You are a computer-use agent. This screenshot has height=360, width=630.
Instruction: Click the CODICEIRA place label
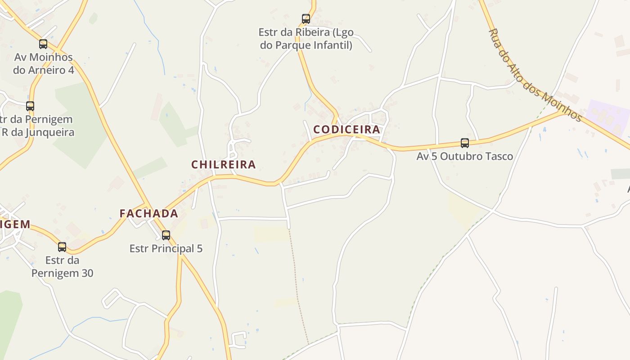(x=346, y=130)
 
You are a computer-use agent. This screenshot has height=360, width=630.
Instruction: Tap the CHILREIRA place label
(x=224, y=165)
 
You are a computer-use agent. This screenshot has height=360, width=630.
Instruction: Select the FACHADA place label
(x=148, y=214)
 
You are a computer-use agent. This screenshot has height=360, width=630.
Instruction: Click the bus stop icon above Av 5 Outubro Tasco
(x=465, y=143)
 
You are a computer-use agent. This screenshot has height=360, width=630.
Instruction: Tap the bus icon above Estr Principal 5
(x=166, y=235)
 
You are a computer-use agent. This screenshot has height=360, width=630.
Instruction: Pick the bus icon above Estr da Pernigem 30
(x=62, y=247)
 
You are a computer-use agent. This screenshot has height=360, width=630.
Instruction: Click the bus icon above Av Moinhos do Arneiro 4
(x=43, y=44)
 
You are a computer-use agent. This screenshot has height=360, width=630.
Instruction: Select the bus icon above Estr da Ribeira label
(x=306, y=19)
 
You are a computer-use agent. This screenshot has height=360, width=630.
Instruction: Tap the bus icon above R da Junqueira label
(x=30, y=106)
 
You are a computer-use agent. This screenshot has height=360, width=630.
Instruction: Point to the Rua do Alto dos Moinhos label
(x=535, y=75)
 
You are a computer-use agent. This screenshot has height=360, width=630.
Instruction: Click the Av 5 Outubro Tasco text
(x=465, y=157)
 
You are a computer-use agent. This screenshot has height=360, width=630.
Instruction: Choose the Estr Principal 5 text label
(x=166, y=248)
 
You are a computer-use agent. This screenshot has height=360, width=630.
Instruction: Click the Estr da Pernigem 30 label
(x=62, y=266)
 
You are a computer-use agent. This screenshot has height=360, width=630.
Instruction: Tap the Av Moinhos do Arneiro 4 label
(x=43, y=64)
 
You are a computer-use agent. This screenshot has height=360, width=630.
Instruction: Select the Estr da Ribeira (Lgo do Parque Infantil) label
(x=306, y=39)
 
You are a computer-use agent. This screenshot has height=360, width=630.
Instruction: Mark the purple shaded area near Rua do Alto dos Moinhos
(x=607, y=117)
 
